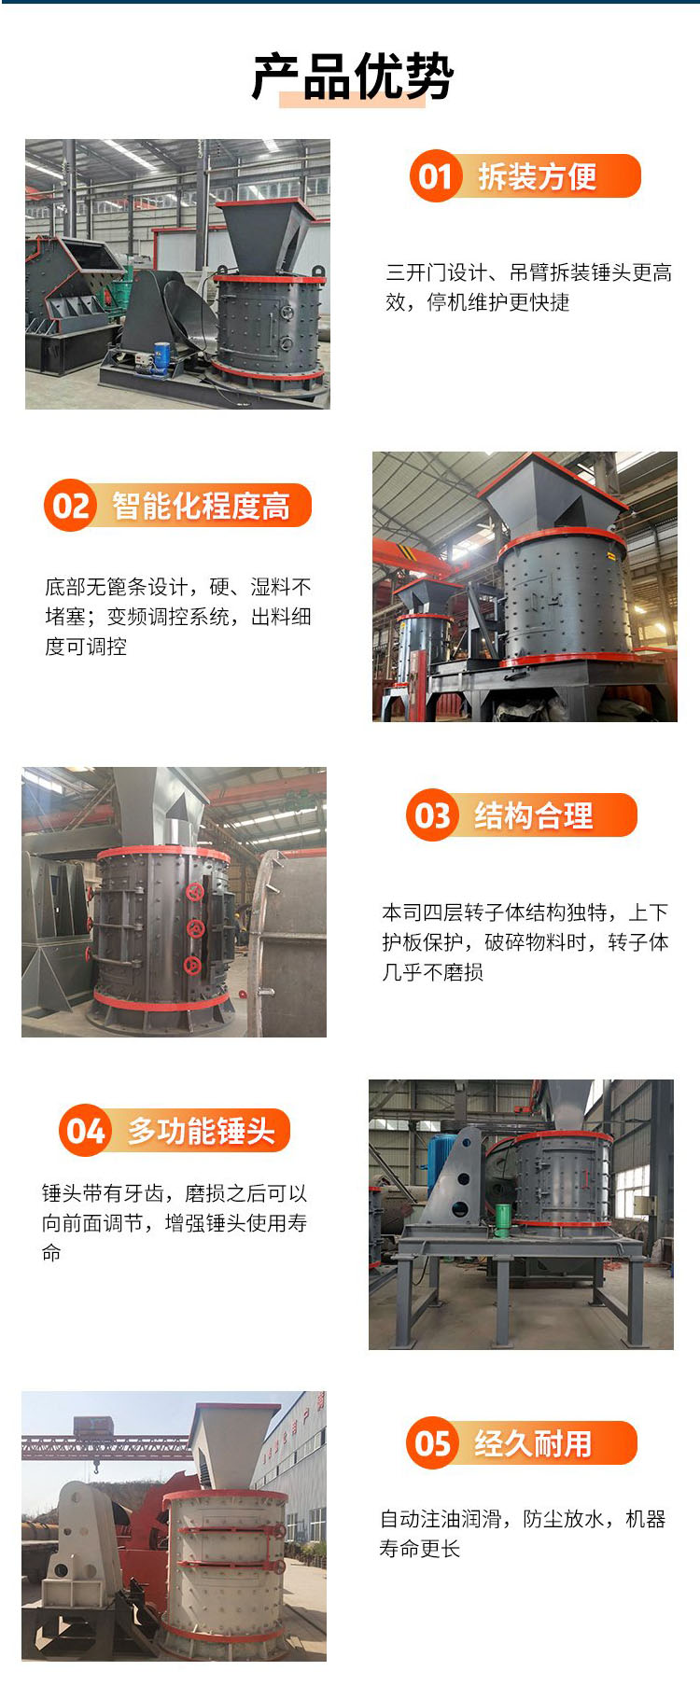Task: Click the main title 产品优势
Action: click(353, 76)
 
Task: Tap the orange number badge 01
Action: click(435, 175)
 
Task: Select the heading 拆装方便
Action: click(537, 176)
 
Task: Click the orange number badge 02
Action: click(70, 506)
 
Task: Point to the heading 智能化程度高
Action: click(201, 506)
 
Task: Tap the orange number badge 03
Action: click(431, 815)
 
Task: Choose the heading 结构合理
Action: click(533, 815)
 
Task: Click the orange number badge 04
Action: click(85, 1131)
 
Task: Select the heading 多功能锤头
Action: click(202, 1131)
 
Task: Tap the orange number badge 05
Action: click(431, 1443)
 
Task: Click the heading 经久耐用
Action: click(533, 1443)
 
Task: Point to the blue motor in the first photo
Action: click(161, 355)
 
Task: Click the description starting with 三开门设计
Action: click(529, 287)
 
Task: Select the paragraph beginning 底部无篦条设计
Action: click(178, 617)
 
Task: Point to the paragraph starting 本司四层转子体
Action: click(525, 942)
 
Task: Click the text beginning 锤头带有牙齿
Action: click(175, 1222)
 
